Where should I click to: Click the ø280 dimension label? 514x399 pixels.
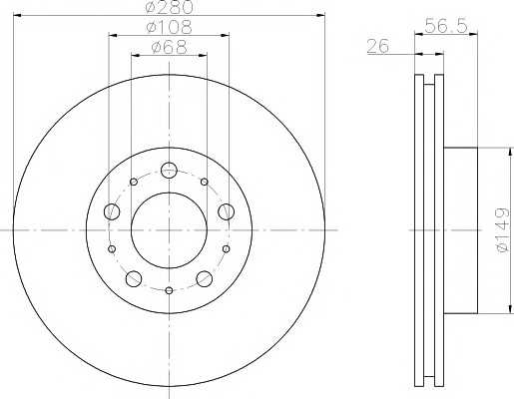(x=170, y=7)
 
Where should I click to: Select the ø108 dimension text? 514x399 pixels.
(x=169, y=27)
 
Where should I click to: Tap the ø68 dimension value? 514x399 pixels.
(x=169, y=47)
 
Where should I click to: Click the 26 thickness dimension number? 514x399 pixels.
(x=377, y=46)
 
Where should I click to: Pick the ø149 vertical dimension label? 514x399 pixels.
(x=502, y=230)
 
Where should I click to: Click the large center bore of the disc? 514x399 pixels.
(x=169, y=230)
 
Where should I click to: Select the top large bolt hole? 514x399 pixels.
(x=169, y=171)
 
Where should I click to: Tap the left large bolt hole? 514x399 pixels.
(x=112, y=211)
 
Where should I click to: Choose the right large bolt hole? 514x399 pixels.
(x=227, y=211)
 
